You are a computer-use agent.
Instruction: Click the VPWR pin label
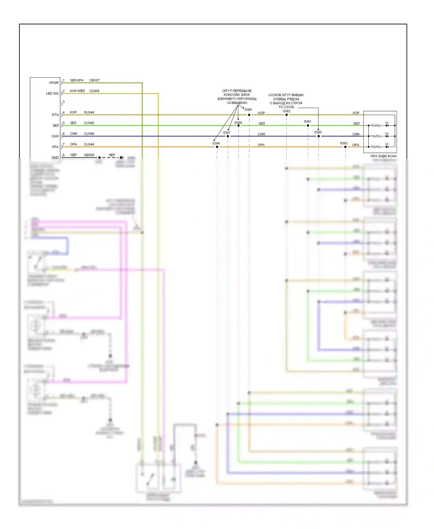[54, 83]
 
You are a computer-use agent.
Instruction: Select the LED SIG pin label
[52, 93]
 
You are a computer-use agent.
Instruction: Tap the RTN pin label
[55, 115]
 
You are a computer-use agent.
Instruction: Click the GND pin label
[55, 157]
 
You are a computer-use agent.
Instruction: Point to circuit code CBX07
[94, 80]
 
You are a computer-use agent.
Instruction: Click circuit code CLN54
[94, 91]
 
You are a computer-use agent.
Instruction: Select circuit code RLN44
[89, 112]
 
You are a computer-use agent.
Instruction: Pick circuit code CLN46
[89, 134]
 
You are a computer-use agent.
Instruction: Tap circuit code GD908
[89, 155]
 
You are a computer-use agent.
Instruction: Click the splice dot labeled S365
[249, 115]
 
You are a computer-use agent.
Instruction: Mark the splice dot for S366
[238, 126]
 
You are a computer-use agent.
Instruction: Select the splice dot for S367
[228, 136]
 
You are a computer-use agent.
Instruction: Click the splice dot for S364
[217, 147]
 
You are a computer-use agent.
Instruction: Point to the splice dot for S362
[287, 115]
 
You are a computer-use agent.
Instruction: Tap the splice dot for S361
[308, 126]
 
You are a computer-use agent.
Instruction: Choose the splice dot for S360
[319, 136]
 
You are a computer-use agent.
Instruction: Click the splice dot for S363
[345, 147]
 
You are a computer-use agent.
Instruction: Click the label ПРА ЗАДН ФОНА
[383, 156]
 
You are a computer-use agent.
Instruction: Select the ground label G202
[131, 158]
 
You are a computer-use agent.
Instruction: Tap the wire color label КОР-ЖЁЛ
[77, 91]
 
